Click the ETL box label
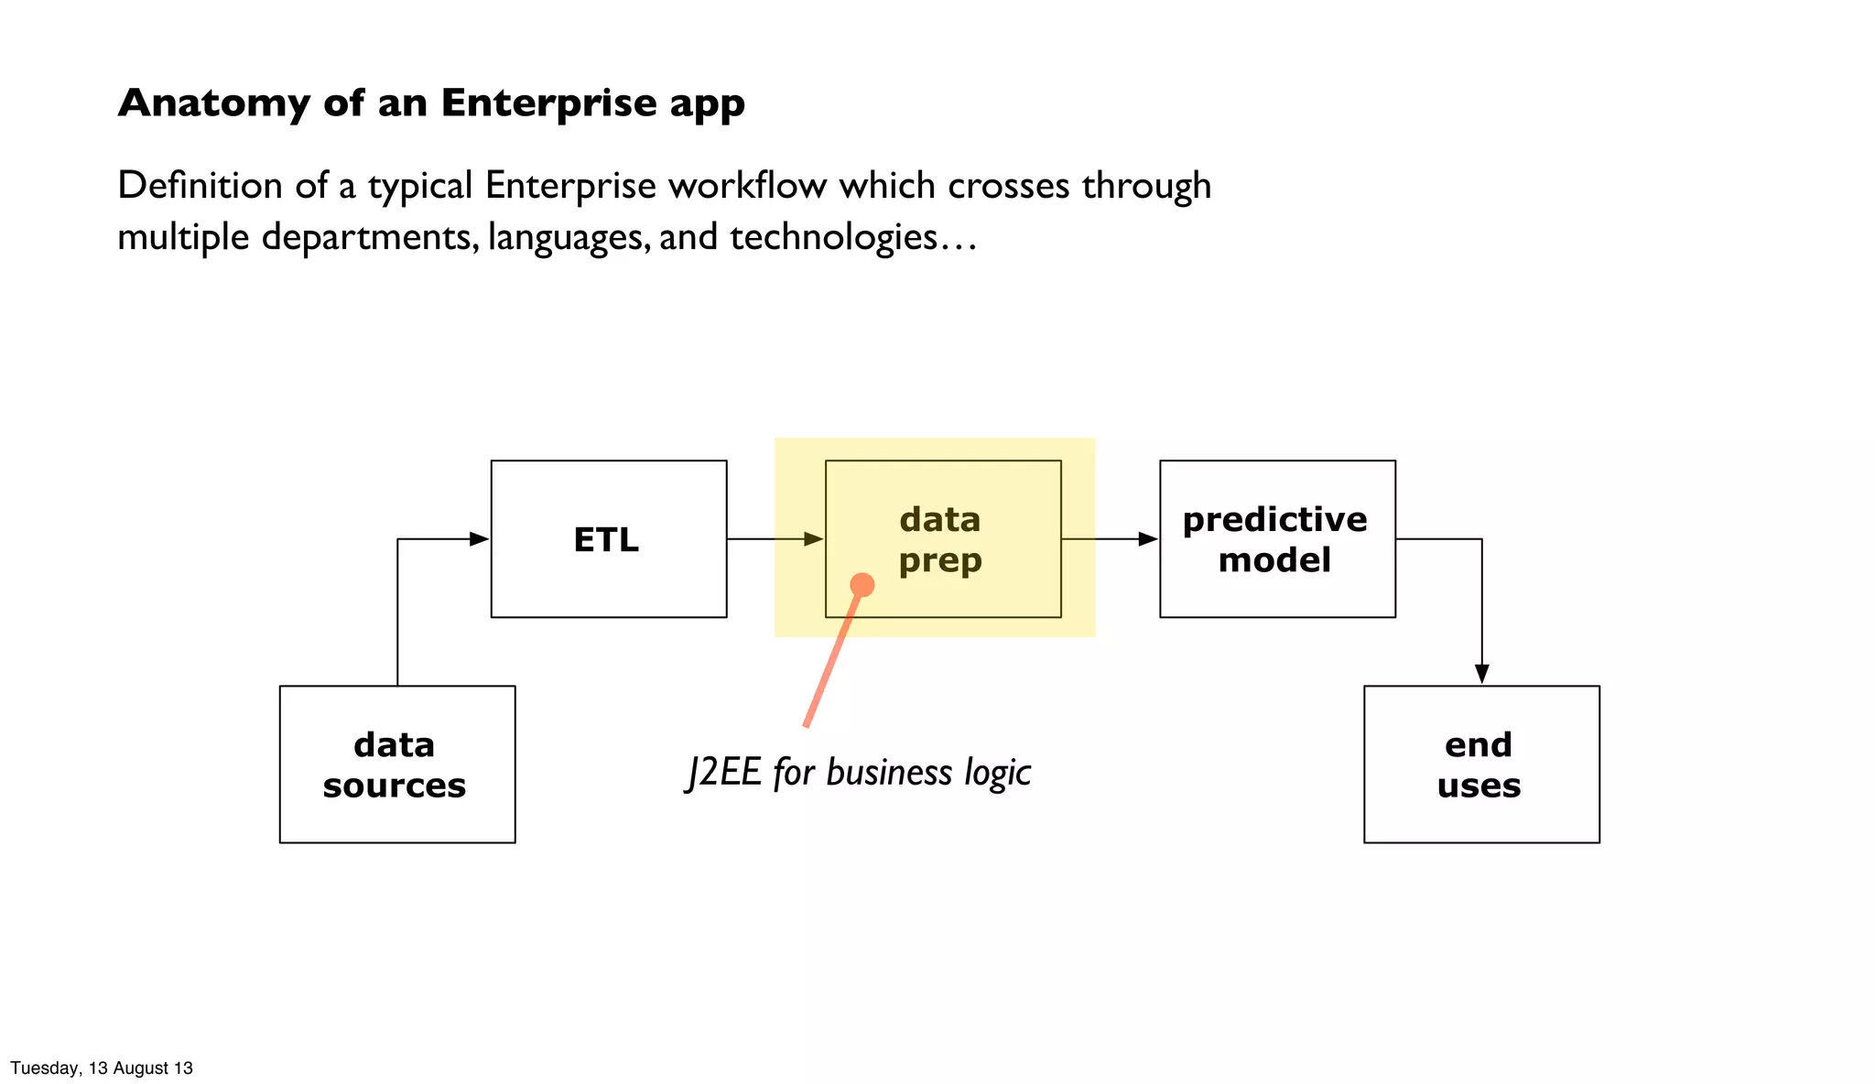click(606, 539)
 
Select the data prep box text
click(940, 539)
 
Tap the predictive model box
click(1276, 539)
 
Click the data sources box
click(396, 764)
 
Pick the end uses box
click(1479, 764)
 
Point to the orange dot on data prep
click(862, 585)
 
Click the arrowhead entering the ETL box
click(479, 539)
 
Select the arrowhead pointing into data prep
click(813, 539)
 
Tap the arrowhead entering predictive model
click(1147, 539)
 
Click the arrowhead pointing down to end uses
click(1481, 674)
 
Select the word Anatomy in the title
click(213, 103)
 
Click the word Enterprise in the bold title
click(548, 103)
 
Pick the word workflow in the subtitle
click(747, 186)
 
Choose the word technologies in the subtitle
click(833, 237)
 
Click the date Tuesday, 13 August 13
click(102, 1068)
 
